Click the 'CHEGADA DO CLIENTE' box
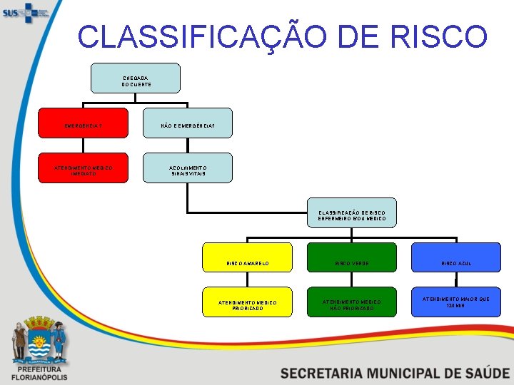click(x=136, y=78)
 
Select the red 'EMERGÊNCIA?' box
click(x=83, y=123)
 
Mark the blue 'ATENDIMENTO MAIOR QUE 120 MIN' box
click(x=456, y=302)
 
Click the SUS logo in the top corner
click(x=26, y=12)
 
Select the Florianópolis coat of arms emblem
click(x=39, y=338)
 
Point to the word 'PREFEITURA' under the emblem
click(x=39, y=369)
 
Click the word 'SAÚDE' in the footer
click(x=480, y=373)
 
